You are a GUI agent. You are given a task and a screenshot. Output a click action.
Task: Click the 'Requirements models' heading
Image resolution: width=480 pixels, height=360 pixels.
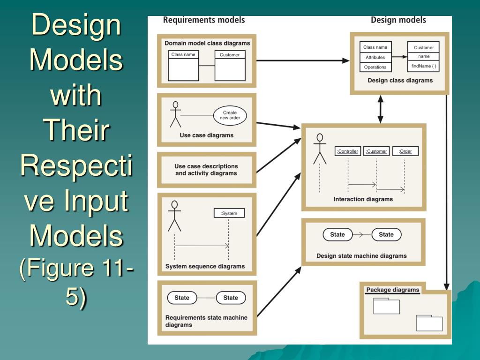[203, 20]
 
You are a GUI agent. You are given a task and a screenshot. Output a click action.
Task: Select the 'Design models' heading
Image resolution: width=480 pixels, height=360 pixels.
[398, 20]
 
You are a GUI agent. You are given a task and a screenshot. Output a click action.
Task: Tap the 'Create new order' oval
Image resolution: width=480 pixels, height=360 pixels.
[230, 115]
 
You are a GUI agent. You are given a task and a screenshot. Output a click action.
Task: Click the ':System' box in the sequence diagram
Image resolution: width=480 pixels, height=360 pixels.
[229, 213]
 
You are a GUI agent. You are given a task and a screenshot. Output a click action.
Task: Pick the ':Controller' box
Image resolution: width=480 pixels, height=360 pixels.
[348, 151]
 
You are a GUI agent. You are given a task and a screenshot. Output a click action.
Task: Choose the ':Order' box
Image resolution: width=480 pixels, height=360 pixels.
[405, 151]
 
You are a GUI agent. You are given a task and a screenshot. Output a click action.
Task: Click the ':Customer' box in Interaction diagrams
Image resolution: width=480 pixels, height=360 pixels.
[376, 151]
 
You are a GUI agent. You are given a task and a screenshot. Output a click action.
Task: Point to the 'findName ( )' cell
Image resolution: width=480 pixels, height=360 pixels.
[424, 66]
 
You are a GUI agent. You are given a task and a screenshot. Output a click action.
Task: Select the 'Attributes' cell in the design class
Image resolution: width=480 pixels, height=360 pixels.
[375, 57]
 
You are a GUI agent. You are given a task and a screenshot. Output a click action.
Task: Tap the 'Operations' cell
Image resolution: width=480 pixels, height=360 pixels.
[375, 67]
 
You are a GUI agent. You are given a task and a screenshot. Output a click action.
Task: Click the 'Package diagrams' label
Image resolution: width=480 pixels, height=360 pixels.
[392, 290]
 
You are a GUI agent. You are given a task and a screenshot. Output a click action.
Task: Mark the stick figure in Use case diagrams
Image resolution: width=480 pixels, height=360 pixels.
[175, 114]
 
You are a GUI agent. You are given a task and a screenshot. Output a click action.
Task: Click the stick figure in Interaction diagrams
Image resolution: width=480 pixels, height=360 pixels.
[320, 149]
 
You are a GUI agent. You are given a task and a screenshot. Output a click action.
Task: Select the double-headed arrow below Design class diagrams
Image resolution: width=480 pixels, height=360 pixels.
[380, 110]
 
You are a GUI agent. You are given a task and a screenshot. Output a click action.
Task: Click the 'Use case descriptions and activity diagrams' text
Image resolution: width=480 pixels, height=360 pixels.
[206, 170]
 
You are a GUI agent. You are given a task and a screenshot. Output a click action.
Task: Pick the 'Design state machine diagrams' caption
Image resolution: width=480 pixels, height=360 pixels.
[361, 256]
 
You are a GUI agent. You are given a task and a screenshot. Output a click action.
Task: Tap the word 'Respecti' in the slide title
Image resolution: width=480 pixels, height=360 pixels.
[76, 166]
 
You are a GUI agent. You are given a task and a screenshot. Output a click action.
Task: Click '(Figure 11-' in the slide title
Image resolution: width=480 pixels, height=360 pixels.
[76, 268]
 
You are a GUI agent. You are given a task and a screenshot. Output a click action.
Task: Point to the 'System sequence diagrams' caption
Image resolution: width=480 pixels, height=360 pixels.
[205, 266]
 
